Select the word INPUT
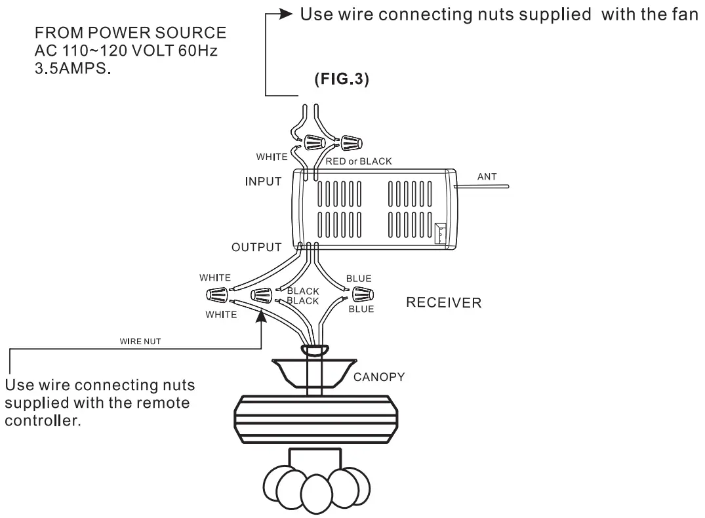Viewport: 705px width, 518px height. tap(264, 181)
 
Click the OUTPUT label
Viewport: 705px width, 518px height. tap(256, 248)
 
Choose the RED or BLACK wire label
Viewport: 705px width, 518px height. tap(355, 160)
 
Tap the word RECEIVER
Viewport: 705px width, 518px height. tap(444, 304)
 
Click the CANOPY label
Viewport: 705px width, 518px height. tap(380, 378)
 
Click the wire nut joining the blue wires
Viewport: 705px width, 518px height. tap(361, 293)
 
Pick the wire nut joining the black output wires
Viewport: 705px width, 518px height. tap(262, 296)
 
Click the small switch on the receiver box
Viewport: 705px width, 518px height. tap(440, 233)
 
